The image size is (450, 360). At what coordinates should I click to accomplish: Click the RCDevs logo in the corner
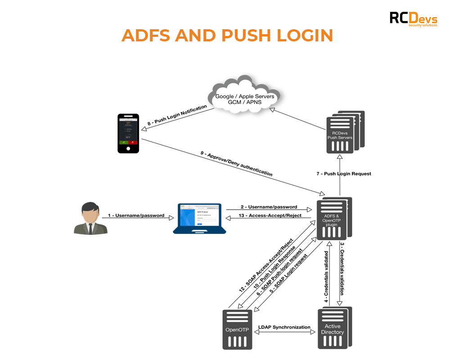[x=413, y=19]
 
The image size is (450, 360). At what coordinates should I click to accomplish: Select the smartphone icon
[x=128, y=133]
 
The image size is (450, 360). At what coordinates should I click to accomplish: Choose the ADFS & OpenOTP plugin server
[x=333, y=220]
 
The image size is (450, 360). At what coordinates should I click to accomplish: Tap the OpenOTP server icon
[x=238, y=329]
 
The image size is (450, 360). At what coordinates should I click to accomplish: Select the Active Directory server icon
[x=333, y=328]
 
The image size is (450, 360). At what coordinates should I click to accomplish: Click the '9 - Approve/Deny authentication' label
[x=236, y=163]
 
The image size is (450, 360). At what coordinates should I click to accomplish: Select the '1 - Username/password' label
[x=136, y=216]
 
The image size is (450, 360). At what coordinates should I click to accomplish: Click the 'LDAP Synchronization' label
[x=284, y=327]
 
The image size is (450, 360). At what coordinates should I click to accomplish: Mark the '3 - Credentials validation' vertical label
[x=342, y=269]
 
